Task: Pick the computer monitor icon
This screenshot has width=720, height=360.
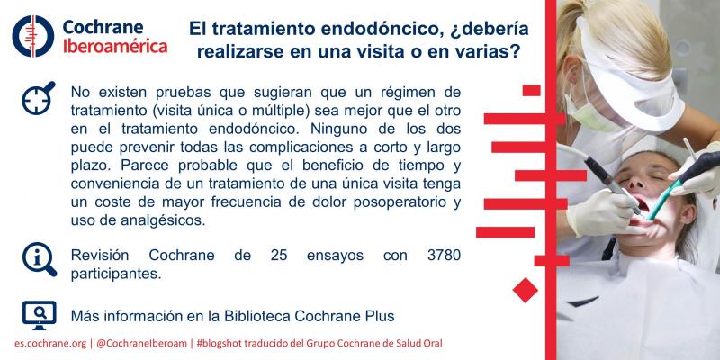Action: coord(38,314)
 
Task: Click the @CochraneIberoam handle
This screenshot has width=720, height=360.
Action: coord(145,345)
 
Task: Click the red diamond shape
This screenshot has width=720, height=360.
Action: coord(525,290)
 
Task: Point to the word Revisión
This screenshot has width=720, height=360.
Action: coord(100,256)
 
